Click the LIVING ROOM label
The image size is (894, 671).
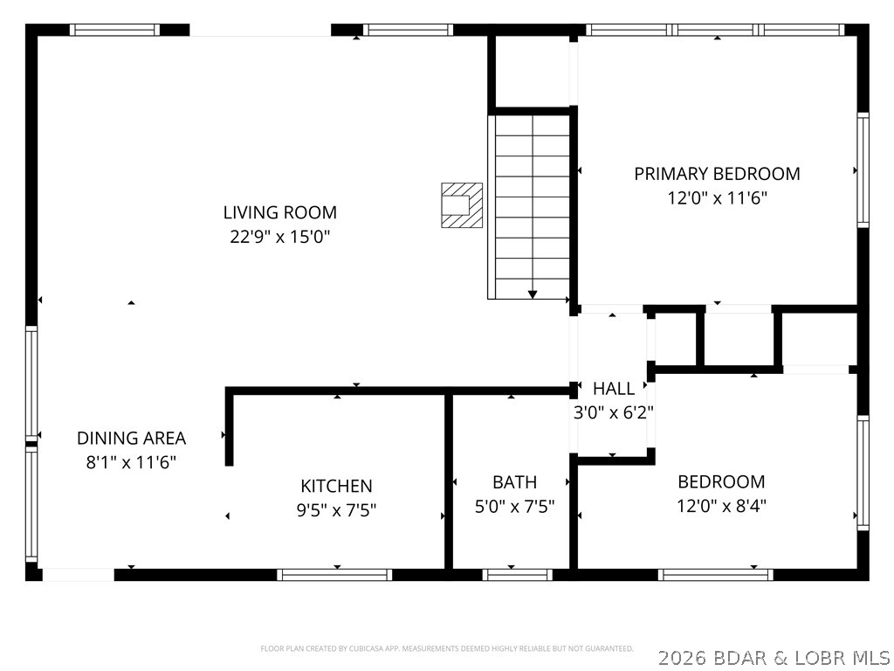pyautogui.click(x=279, y=212)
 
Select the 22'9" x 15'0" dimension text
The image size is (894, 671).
pyautogui.click(x=279, y=236)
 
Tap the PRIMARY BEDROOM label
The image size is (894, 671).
pyautogui.click(x=717, y=174)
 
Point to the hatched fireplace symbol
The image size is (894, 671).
pyautogui.click(x=462, y=205)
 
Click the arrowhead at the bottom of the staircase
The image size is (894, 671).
pyautogui.click(x=533, y=294)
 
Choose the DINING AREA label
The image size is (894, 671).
pyautogui.click(x=131, y=439)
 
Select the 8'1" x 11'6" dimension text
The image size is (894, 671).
pyautogui.click(x=131, y=462)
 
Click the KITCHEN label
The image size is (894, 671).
pyautogui.click(x=336, y=486)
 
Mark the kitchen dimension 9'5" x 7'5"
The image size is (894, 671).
pyautogui.click(x=336, y=509)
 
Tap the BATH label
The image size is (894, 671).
pyautogui.click(x=514, y=482)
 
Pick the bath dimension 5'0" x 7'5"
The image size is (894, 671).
pyautogui.click(x=514, y=506)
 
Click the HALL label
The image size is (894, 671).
pyautogui.click(x=614, y=389)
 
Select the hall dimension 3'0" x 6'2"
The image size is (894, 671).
pyautogui.click(x=614, y=412)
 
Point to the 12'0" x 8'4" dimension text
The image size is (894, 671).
pyautogui.click(x=721, y=505)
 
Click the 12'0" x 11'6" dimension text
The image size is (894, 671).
pyautogui.click(x=717, y=197)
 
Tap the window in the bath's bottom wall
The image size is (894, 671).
pyautogui.click(x=518, y=574)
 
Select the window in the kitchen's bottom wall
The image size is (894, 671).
pyautogui.click(x=334, y=574)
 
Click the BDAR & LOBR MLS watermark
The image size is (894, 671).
pyautogui.click(x=774, y=656)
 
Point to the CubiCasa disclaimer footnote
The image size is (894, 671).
pyautogui.click(x=447, y=648)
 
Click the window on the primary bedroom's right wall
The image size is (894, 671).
pyautogui.click(x=863, y=169)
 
